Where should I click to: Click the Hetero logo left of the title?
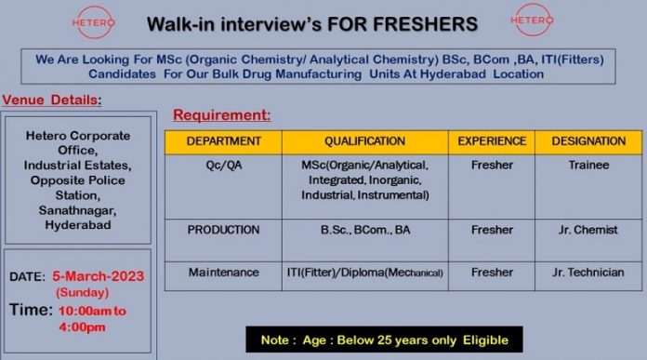(x=93, y=22)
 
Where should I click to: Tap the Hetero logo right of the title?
(x=532, y=20)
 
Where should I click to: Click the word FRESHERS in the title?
(x=426, y=24)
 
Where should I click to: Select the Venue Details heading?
(x=52, y=100)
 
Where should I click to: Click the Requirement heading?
(x=222, y=114)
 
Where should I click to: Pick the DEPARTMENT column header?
(x=224, y=141)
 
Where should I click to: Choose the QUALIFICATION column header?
(x=364, y=141)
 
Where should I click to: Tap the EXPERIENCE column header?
(x=492, y=141)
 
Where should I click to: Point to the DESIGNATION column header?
(x=588, y=141)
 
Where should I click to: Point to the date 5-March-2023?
(x=99, y=276)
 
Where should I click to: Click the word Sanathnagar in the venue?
(x=77, y=210)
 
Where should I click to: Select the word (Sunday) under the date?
(x=83, y=293)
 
